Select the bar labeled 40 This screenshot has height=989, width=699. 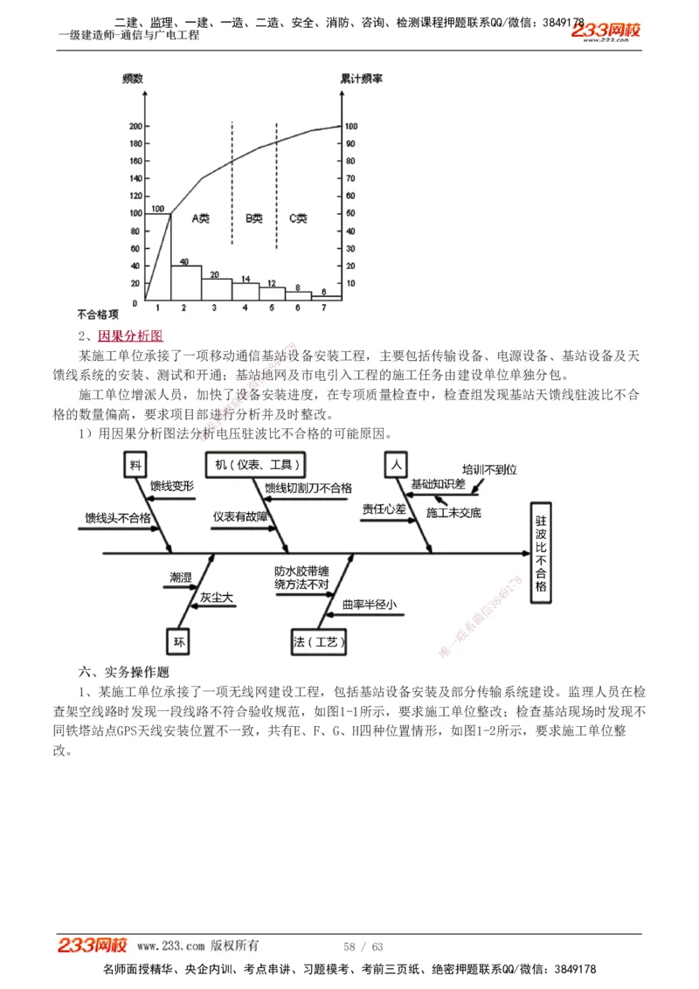coord(184,282)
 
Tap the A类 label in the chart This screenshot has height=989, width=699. coord(200,218)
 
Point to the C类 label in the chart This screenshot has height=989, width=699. coord(298,218)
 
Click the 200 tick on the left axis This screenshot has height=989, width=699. coord(135,126)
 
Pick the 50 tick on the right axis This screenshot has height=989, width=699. coord(350,213)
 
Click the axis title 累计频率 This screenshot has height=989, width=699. coord(361,79)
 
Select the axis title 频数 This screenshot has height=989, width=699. coord(135,79)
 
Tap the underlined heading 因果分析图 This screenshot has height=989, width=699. coord(130,335)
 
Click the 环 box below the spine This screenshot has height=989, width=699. coord(179,642)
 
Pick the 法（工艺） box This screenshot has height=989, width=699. coord(321,642)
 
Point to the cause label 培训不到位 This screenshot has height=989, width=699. coord(489,469)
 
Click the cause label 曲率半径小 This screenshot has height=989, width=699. coord(369,604)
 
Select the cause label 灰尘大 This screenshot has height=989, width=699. coord(217,598)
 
